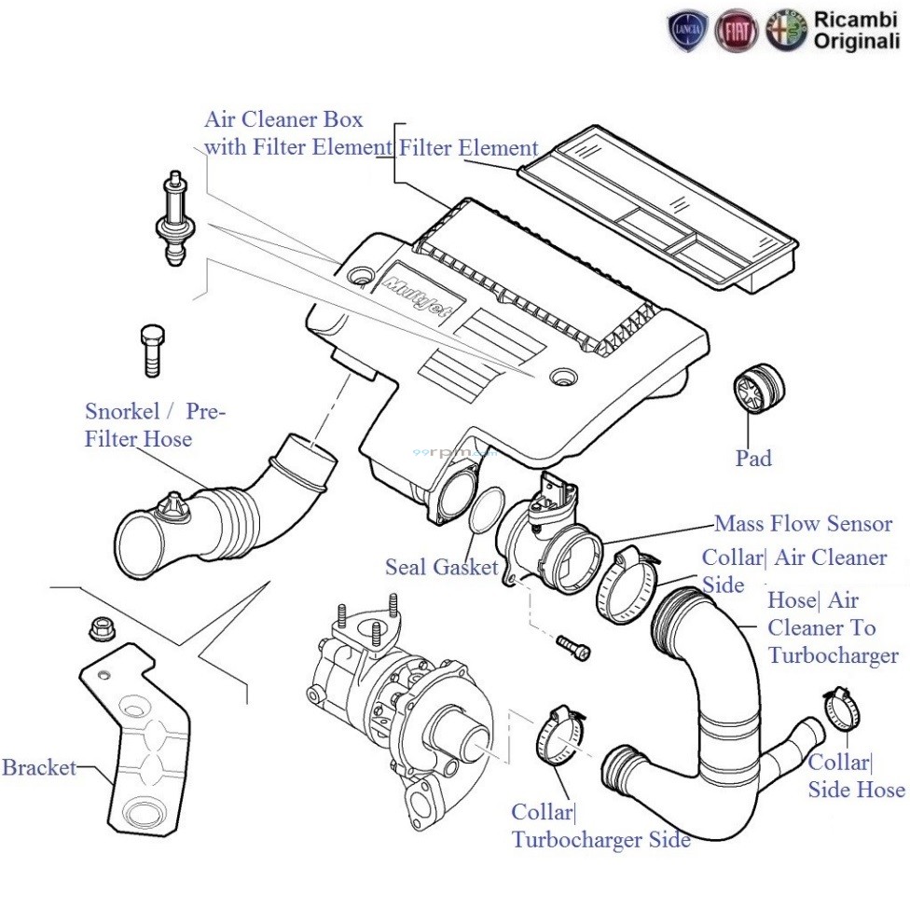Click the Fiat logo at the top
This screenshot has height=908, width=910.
coord(737,31)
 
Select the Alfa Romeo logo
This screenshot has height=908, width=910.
coord(785,31)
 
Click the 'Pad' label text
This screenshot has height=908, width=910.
coord(752,459)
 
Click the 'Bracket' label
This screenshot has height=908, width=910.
coord(38,769)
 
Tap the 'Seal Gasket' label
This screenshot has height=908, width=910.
coord(441,567)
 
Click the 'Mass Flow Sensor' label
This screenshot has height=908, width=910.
coord(803,524)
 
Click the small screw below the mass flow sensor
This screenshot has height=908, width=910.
coord(572,647)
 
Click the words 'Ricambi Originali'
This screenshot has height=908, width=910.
coord(856,31)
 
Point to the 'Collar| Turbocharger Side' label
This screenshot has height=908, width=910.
coord(600,826)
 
